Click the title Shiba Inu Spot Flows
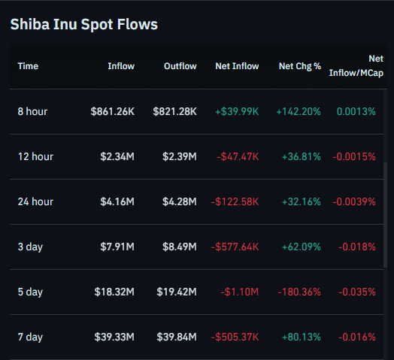83,25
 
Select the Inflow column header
121,66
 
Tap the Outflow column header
180,66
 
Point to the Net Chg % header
300,66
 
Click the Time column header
28,66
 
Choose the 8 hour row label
33,111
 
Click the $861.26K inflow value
113,111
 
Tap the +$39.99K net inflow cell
237,111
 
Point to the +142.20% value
299,111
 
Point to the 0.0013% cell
356,111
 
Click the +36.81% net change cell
301,156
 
